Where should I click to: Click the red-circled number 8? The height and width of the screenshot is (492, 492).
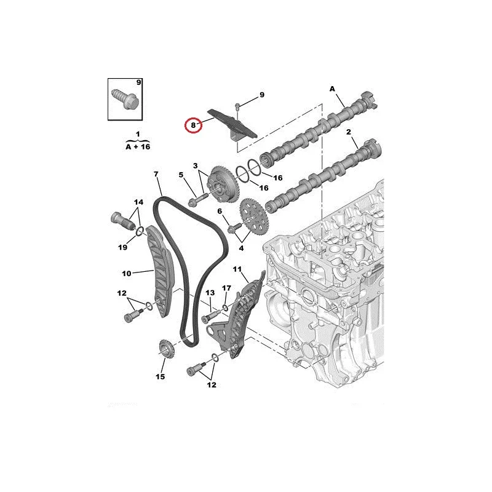tap(193, 125)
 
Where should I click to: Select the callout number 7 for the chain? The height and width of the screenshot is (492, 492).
tap(156, 174)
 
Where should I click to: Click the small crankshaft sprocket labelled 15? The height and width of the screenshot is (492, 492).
tap(166, 348)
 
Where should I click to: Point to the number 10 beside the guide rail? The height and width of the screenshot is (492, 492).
tap(127, 274)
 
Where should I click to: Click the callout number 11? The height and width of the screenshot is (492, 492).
tap(237, 269)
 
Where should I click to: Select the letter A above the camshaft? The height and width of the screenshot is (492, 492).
tap(332, 89)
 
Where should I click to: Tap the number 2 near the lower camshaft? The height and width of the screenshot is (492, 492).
tap(349, 132)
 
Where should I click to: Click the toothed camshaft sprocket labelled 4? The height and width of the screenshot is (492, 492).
tap(253, 216)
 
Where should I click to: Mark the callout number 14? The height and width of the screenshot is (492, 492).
tap(138, 202)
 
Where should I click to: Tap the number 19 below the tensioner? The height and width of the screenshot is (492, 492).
tap(122, 247)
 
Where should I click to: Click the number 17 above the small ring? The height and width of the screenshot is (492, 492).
tap(226, 288)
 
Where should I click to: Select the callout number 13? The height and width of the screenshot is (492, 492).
tap(210, 293)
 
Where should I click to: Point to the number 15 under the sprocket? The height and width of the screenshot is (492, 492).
tap(160, 376)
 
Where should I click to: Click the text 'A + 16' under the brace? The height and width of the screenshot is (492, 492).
tap(138, 146)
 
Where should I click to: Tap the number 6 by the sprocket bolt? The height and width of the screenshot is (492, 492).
tap(220, 212)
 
